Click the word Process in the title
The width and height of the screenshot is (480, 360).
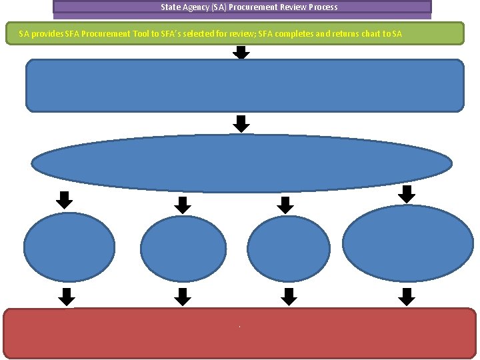click(x=323, y=7)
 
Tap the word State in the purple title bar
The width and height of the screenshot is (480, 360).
click(x=171, y=7)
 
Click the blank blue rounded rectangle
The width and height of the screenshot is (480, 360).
click(x=244, y=85)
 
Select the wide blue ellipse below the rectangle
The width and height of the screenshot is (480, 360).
click(x=242, y=163)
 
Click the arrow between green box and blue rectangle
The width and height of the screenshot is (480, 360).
click(x=242, y=53)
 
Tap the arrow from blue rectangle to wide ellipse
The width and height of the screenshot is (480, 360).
click(x=242, y=123)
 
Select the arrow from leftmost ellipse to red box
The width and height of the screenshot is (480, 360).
click(x=66, y=297)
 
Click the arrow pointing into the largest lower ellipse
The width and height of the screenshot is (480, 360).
click(x=406, y=194)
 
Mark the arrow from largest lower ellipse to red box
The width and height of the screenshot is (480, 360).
click(x=406, y=297)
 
